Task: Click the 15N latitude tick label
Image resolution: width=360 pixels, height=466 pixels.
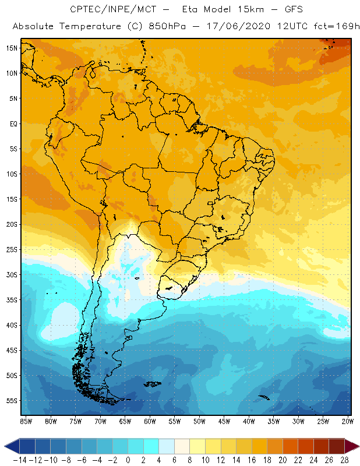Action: [x=12, y=48]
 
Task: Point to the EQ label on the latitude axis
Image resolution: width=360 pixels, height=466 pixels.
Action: [x=13, y=123]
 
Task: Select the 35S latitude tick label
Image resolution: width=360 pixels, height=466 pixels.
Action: [x=12, y=300]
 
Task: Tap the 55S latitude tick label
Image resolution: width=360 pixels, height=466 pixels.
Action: [x=12, y=401]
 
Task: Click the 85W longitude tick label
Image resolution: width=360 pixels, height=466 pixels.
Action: [x=26, y=421]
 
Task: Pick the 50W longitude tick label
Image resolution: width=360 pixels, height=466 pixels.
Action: [x=200, y=421]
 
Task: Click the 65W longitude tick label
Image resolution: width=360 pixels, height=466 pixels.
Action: [x=125, y=421]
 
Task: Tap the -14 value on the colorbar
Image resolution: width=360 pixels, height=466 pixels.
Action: [x=19, y=460]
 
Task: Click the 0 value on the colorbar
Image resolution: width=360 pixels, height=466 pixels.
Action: [x=128, y=460]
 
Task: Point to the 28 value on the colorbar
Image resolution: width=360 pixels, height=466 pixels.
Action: [x=344, y=460]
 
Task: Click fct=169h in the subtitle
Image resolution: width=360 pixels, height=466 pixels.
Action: [x=328, y=26]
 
